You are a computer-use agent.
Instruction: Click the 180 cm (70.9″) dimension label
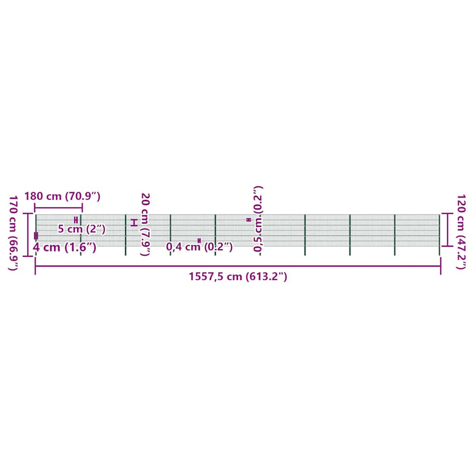click(62, 196)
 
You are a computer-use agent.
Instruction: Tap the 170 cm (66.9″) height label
click(13, 233)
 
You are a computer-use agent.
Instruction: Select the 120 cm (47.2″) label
click(461, 231)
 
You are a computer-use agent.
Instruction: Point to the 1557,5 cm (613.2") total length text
click(238, 277)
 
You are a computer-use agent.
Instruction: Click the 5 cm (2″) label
click(82, 229)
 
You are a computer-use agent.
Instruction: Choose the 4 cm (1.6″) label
click(65, 247)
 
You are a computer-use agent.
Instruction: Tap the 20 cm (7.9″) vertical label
click(145, 224)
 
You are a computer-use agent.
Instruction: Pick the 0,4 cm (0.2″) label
click(199, 247)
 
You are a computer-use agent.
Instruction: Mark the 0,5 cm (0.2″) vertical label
click(258, 219)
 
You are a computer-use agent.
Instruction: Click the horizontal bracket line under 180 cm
click(58, 208)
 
